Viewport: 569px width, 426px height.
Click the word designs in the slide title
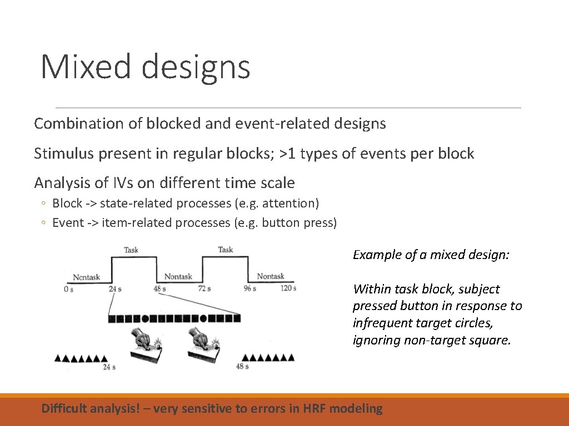click(x=196, y=68)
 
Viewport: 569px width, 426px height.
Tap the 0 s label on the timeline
click(x=68, y=288)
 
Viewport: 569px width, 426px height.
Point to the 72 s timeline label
click(x=204, y=288)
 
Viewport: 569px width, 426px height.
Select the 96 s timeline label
click(x=249, y=288)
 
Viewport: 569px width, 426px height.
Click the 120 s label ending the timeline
click(x=287, y=288)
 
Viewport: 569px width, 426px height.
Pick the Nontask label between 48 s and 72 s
click(x=178, y=276)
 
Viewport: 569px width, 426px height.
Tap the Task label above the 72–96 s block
click(x=225, y=250)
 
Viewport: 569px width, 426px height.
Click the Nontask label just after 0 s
click(x=87, y=277)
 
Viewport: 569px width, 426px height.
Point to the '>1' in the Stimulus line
click(x=288, y=154)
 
